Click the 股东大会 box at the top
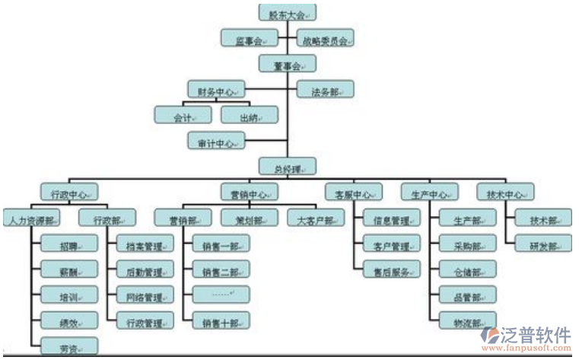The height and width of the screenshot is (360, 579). click(x=287, y=12)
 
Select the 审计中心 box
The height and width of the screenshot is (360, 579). click(x=216, y=142)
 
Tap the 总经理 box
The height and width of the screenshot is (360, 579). click(x=287, y=167)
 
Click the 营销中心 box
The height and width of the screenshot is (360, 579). click(x=248, y=193)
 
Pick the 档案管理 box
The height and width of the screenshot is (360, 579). click(x=145, y=245)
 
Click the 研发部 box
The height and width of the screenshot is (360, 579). click(x=542, y=245)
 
